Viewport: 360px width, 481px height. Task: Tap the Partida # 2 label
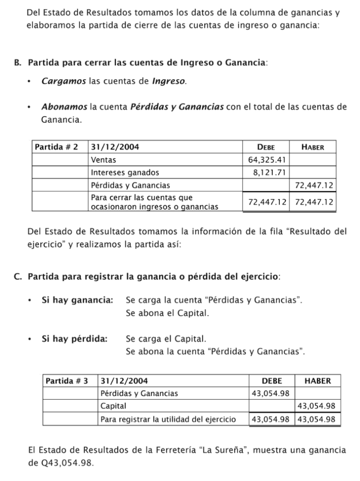56,147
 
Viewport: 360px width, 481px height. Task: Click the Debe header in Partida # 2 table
266,147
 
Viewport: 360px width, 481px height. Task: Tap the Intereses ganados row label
125,172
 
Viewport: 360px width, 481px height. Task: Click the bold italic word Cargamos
63,82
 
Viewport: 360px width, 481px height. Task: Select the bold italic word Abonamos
64,107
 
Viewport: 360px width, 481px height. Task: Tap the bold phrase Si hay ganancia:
77,300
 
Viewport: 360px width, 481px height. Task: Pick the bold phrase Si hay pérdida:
74,338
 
